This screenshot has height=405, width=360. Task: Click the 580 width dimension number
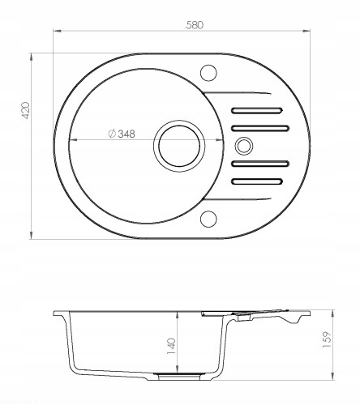coord(192,24)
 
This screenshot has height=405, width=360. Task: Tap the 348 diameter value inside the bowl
coord(125,135)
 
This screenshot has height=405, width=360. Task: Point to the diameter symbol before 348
coord(110,135)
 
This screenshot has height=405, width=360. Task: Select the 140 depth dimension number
coord(172,346)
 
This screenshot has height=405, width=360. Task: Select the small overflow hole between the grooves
coord(243,146)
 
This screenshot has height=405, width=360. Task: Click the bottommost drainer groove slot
coord(259,181)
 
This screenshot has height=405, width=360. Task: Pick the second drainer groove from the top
coord(259,127)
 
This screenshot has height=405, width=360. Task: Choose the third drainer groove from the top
coord(259,164)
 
